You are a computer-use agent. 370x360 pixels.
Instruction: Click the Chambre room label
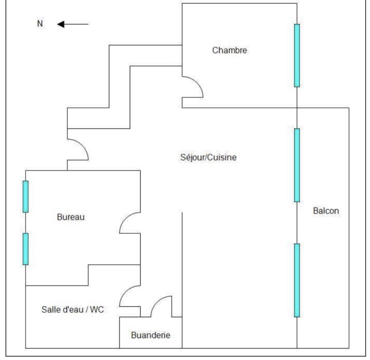tap(229, 50)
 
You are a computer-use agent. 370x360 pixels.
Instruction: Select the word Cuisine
tap(222, 157)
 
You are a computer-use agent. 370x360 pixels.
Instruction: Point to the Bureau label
tap(71, 217)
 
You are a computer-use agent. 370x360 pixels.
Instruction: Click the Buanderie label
tap(150, 335)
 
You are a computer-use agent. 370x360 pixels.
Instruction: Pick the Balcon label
tap(326, 211)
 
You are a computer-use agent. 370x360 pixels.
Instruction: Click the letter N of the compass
tap(40, 24)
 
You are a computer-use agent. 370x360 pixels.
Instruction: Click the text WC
tap(97, 309)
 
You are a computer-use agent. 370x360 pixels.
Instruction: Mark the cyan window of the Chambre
tap(297, 55)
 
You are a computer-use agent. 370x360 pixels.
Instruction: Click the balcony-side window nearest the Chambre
tap(297, 165)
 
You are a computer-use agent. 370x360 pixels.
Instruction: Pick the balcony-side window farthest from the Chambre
tap(297, 280)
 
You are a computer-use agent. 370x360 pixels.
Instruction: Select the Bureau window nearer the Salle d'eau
tap(25, 249)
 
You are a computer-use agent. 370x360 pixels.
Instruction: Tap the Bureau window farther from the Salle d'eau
tap(25, 196)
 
